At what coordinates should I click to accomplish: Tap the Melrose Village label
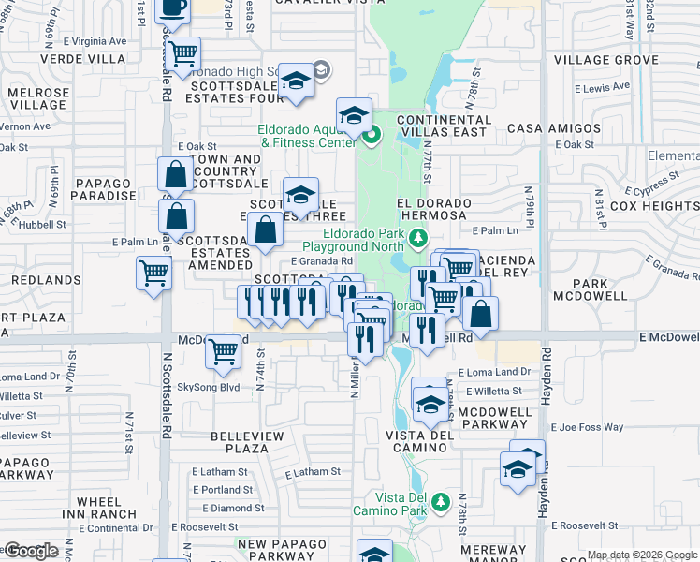(x=38, y=99)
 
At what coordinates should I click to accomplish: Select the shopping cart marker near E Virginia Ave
(x=183, y=53)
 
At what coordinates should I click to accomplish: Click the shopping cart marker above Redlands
(x=153, y=274)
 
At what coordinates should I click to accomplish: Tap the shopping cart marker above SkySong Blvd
(x=224, y=351)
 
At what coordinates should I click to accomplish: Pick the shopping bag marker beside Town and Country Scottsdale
(x=176, y=174)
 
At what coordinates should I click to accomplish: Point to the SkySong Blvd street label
(x=209, y=386)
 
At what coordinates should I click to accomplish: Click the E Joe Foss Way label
(x=587, y=427)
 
